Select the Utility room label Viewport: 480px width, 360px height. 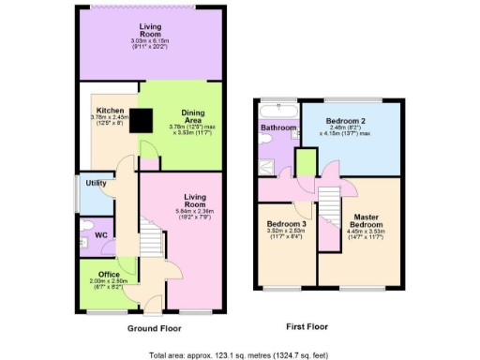[95, 183]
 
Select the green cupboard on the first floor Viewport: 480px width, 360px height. [305, 161]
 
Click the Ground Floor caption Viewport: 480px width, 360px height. [155, 329]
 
